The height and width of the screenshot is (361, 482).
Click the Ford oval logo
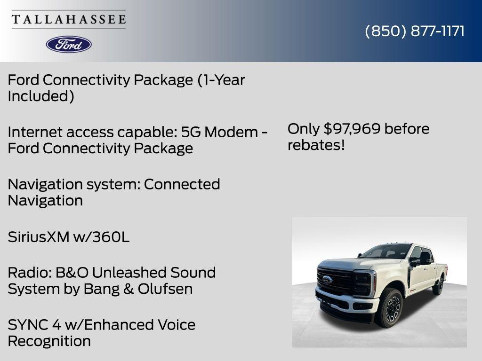point(69,44)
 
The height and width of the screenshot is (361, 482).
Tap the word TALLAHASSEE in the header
point(69,20)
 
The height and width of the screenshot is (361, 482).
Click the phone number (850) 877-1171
point(415,31)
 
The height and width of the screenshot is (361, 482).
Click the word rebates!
point(316,145)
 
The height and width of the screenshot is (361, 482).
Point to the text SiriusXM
point(38,237)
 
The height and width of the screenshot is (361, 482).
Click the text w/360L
point(101,237)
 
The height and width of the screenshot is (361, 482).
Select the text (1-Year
point(221,80)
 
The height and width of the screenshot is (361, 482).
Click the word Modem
point(232,132)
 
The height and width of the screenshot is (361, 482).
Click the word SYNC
point(27,324)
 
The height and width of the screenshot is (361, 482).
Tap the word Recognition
point(49,341)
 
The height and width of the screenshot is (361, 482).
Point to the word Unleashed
point(129,272)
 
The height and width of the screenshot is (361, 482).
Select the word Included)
point(40,96)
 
